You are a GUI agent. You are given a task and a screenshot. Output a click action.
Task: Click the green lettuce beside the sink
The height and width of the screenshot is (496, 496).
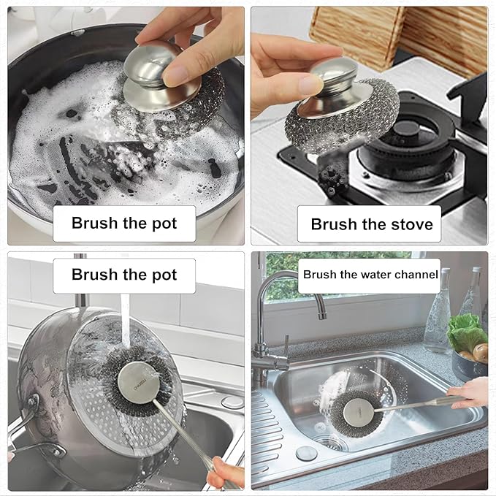coord(465,332)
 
